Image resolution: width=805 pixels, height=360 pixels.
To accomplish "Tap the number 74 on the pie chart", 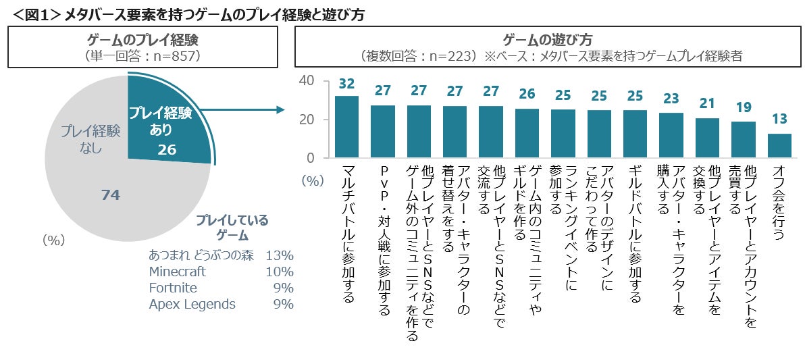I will click(110, 195).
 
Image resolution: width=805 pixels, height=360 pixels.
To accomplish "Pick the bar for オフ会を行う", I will click(779, 145).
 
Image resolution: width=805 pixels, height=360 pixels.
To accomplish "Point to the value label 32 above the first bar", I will click(346, 84).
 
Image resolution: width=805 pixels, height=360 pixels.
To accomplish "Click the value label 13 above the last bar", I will click(779, 119).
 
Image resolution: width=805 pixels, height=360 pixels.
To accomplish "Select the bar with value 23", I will click(671, 135).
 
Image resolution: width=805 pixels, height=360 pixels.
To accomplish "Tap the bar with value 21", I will click(707, 138).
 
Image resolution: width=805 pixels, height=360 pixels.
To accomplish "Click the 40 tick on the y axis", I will click(307, 80).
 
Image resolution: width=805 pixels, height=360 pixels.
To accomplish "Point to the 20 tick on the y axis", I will click(307, 120).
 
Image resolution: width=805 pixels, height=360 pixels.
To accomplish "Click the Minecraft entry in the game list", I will click(177, 272).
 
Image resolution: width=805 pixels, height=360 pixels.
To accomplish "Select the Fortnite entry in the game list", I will click(173, 288).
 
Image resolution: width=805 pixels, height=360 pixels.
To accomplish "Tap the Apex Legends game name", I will click(192, 305).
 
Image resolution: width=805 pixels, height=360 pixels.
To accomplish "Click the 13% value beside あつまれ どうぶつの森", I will click(280, 256).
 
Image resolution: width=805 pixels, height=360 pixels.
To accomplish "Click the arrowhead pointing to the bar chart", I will click(276, 109).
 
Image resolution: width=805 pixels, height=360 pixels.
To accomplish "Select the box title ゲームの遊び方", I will click(548, 39).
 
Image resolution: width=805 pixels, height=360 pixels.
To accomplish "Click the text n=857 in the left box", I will click(176, 56).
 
